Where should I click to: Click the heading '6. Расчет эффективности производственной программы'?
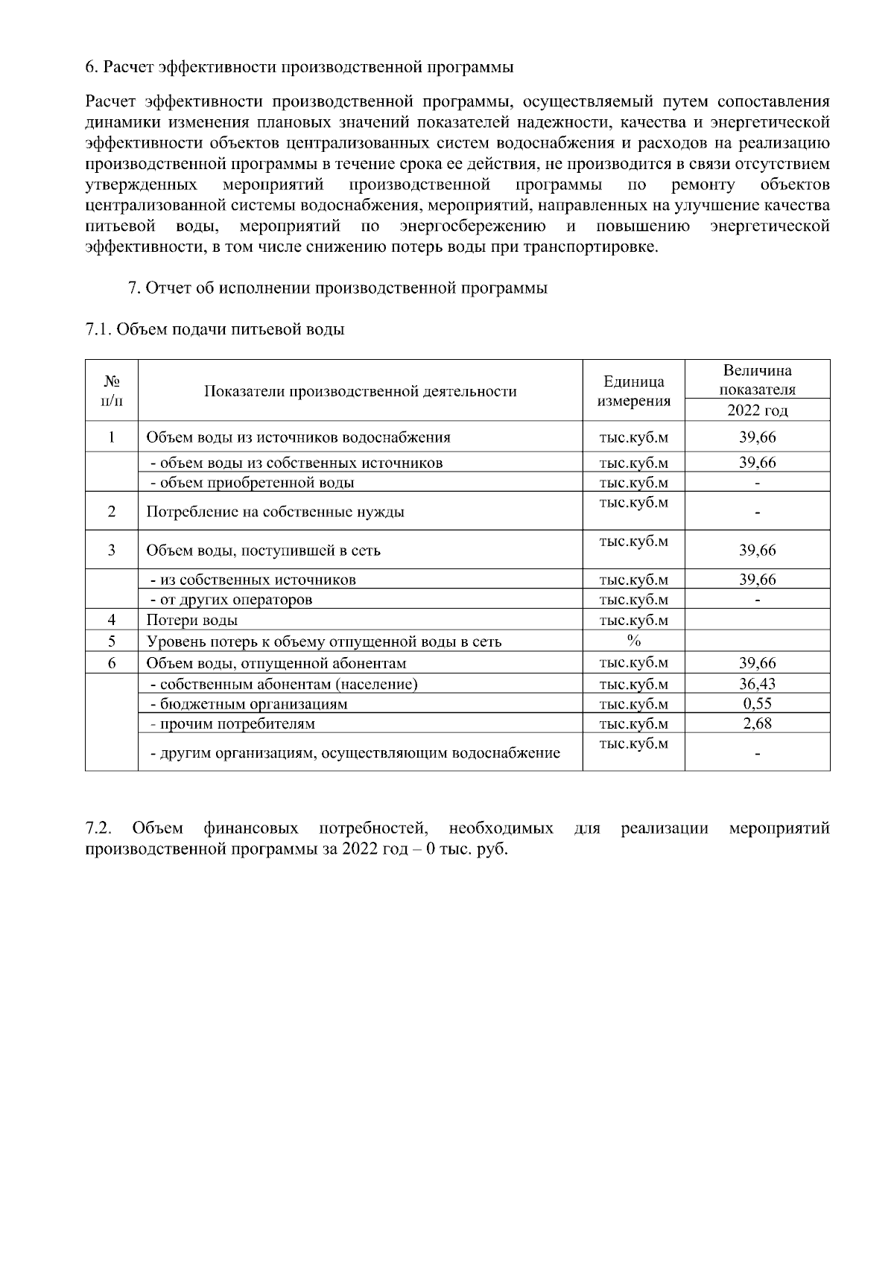pos(299,68)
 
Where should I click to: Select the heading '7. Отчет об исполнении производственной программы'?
pos(337,288)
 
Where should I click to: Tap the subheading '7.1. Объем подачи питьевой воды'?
pos(215,329)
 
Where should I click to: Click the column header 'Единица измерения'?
pos(633,391)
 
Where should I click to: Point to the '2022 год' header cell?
pos(757,410)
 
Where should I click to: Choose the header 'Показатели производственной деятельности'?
pos(361,391)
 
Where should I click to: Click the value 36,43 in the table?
pos(757,684)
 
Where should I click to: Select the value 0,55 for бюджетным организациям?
pos(757,704)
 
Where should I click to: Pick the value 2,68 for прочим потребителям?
pos(757,723)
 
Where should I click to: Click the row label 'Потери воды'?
pos(192,621)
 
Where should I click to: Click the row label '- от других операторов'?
pos(231,600)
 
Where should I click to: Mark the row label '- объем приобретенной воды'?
pos(252,483)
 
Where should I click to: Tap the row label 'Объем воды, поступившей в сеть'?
pos(263,551)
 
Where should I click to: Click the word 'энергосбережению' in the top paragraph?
pos(472,226)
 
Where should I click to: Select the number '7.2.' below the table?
pos(99,828)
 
